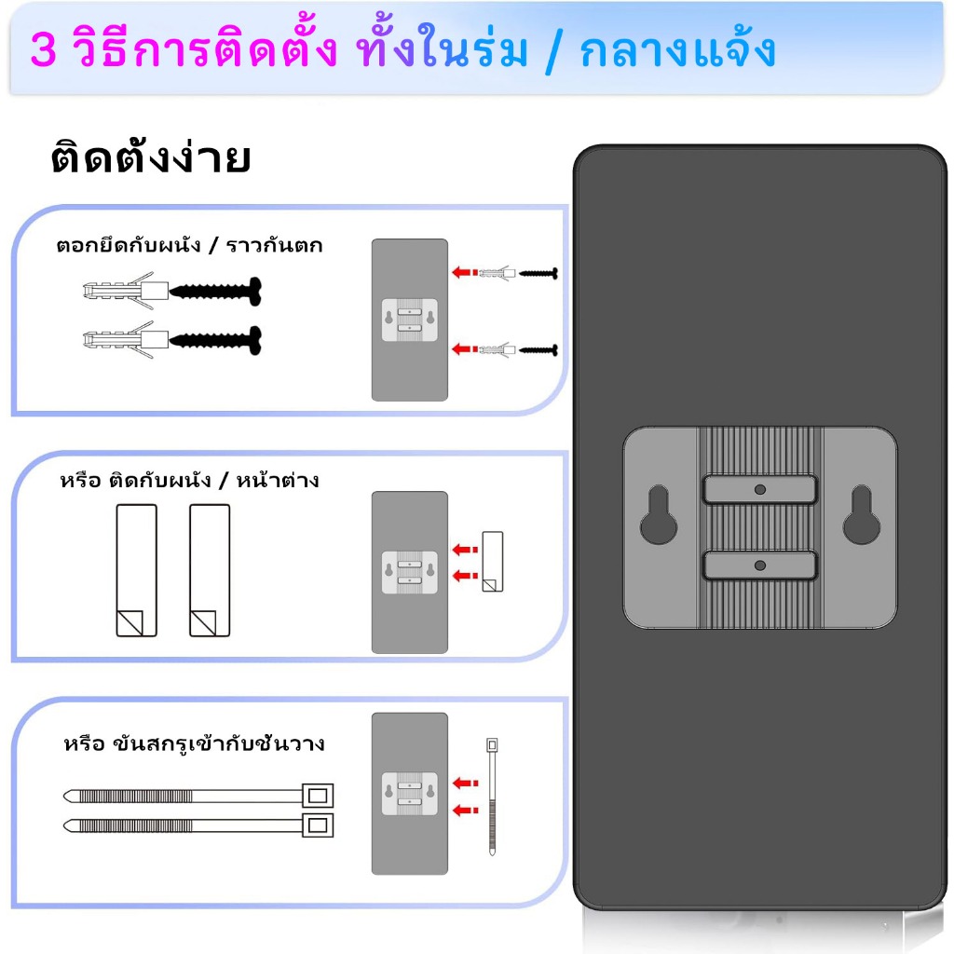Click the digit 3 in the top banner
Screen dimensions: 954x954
(43, 48)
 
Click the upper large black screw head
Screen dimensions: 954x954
(255, 291)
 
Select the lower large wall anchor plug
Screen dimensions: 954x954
(126, 340)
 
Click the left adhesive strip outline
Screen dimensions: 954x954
(136, 570)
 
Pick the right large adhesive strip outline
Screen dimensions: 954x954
(210, 570)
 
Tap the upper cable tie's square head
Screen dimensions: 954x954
(318, 796)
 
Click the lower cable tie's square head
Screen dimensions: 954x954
(318, 825)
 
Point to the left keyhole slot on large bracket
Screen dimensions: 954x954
(659, 514)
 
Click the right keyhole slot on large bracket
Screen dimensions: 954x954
(862, 514)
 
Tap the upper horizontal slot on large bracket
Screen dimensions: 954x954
(760, 490)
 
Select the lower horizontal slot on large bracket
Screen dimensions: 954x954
(760, 566)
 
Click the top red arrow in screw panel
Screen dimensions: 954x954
(465, 272)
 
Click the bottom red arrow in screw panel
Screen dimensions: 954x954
(465, 349)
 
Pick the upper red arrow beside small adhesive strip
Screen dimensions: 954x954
(466, 550)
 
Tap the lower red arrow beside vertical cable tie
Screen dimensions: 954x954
(466, 810)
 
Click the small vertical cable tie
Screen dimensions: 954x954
(492, 797)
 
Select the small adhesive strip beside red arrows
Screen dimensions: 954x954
(493, 562)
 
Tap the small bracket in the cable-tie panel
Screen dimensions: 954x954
(410, 794)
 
